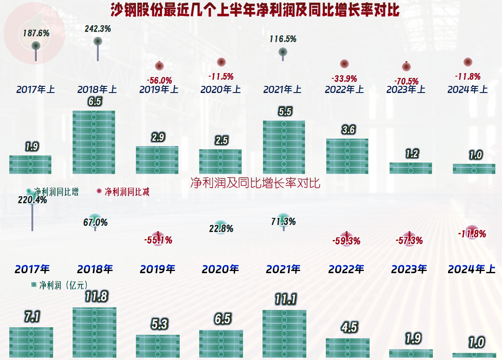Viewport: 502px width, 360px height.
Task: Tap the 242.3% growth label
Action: (98, 29)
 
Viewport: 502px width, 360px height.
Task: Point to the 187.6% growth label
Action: (36, 33)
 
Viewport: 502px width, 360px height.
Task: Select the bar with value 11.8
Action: (94, 332)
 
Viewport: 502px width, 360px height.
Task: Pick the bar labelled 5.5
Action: (284, 147)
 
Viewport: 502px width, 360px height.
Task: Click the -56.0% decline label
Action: (159, 80)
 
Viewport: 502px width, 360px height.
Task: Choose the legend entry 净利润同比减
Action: (127, 192)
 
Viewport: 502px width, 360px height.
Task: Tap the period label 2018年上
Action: (97, 89)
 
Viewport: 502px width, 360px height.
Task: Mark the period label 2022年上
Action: (344, 89)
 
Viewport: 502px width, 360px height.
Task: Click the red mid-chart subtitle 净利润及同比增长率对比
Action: (255, 183)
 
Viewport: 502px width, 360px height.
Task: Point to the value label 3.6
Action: (348, 130)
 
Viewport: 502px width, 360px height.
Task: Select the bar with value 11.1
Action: (284, 333)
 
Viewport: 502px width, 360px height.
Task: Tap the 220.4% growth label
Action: (32, 200)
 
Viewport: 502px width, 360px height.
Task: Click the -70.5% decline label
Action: (406, 81)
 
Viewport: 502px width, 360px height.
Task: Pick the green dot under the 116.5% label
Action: (283, 52)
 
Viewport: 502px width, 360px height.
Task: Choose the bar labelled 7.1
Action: (31, 342)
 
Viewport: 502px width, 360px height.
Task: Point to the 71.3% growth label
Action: (283, 221)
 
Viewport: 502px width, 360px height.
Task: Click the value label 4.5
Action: (349, 327)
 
